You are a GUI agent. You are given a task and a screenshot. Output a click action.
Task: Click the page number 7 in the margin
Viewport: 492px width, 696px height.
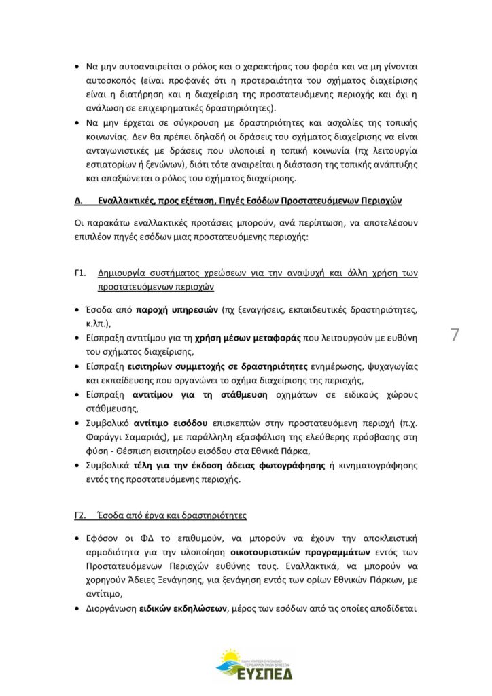pyautogui.click(x=455, y=335)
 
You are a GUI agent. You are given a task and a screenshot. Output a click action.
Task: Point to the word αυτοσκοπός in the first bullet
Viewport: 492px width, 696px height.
pyautogui.click(x=111, y=82)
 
